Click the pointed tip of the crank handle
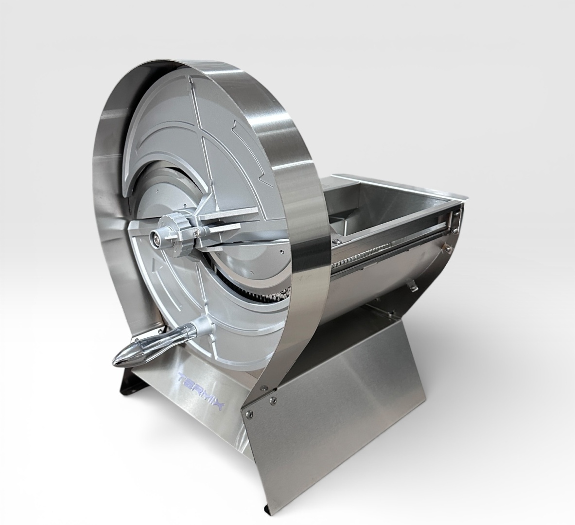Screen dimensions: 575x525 (x=114, y=362)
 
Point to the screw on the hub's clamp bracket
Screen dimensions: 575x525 (x=198, y=230)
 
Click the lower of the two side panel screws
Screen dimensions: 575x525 (x=250, y=414)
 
